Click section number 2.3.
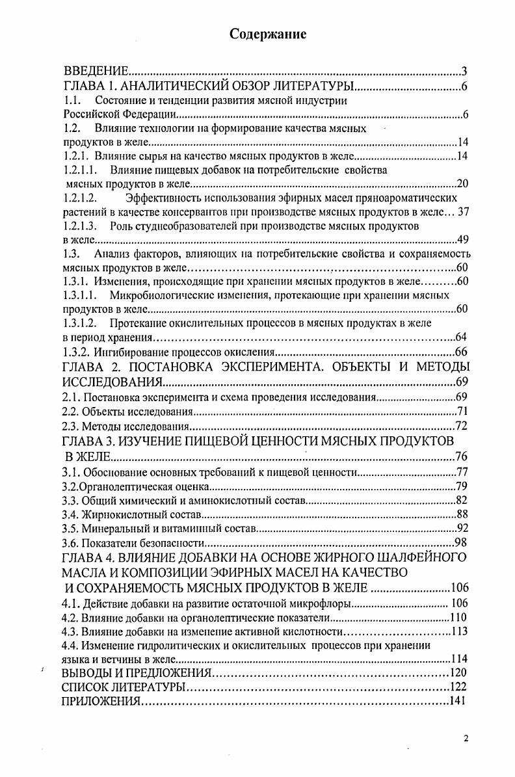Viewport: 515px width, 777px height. pos(70,427)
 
